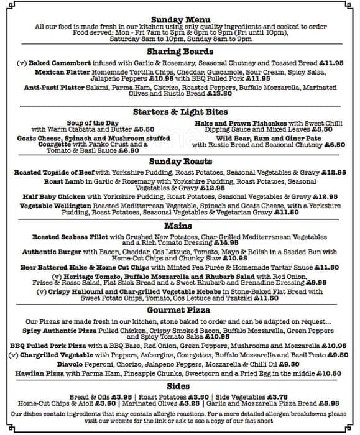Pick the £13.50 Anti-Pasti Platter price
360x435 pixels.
click(220, 93)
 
